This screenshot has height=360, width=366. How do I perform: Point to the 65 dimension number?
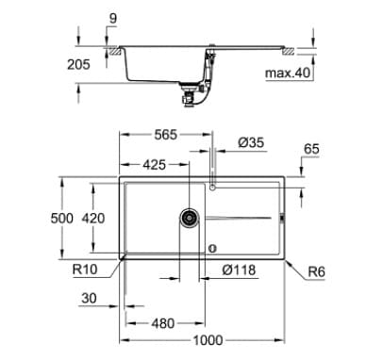pyautogui.click(x=311, y=149)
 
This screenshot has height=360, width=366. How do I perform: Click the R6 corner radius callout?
pyautogui.click(x=317, y=273)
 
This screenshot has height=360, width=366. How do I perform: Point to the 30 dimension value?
pyautogui.click(x=90, y=300)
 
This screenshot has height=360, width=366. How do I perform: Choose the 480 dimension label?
pyautogui.click(x=163, y=322)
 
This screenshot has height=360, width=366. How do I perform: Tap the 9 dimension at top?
pyautogui.click(x=114, y=16)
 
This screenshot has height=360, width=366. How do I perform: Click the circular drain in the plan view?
pyautogui.click(x=190, y=218)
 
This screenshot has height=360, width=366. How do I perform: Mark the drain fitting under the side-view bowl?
pyautogui.click(x=192, y=92)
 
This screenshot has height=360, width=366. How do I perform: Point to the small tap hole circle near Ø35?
pyautogui.click(x=214, y=188)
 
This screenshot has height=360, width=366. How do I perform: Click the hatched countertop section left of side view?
pyautogui.click(x=113, y=54)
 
